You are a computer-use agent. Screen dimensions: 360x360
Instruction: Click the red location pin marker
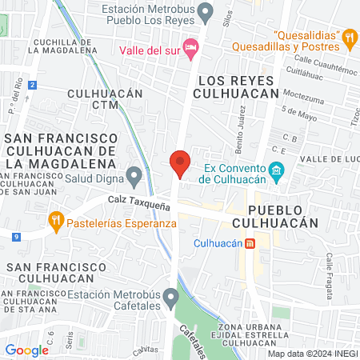point(180,162)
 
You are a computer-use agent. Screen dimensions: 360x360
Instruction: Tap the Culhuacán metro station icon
point(250,243)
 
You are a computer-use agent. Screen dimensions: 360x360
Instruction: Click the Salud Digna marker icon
point(134,174)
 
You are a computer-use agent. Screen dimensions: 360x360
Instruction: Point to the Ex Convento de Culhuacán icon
point(277,170)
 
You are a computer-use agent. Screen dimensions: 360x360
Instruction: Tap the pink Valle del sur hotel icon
point(190,48)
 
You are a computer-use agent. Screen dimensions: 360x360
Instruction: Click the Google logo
point(26,350)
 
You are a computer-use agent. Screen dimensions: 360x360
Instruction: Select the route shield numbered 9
point(16,236)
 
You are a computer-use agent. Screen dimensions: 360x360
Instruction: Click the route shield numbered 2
point(31,85)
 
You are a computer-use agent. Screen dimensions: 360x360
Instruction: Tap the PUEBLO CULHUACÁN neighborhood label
point(271,222)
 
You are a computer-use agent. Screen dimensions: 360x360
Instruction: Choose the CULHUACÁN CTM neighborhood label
point(105,98)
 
